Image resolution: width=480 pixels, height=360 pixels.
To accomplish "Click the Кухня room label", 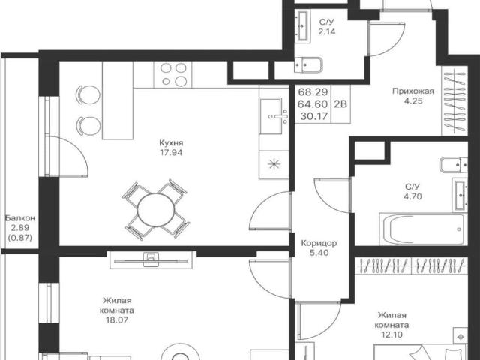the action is coord(171,143).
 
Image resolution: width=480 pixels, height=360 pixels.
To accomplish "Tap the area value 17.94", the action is coord(171,152).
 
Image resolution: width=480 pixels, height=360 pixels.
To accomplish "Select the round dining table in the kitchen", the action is coord(156,210).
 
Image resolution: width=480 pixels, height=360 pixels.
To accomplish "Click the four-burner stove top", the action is coord(173,74).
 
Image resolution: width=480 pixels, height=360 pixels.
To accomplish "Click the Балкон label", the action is coord(20,218).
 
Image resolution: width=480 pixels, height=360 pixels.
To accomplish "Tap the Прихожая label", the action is coord(413,91).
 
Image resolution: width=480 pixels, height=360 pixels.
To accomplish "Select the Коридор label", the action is coord(319,243).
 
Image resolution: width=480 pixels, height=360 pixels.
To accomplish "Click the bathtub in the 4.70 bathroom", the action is coord(422,229).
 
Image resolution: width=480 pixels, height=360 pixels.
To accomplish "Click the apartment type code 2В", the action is coord(340,104).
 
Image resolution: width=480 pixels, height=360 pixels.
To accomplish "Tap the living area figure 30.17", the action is coord(314,116).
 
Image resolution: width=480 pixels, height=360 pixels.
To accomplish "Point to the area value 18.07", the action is coord(117,320).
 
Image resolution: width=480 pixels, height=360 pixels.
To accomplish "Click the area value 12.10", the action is coord(391,334).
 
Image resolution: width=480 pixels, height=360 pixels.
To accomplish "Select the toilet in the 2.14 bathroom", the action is coord(308,65).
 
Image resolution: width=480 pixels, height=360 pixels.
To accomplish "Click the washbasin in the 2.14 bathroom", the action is coord(303,26).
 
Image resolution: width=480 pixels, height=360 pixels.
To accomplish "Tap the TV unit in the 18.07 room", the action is coord(151,260).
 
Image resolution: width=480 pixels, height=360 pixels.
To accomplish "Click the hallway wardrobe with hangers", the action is coord(454,100).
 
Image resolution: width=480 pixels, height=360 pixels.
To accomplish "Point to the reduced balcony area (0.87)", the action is coord(20,237).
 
